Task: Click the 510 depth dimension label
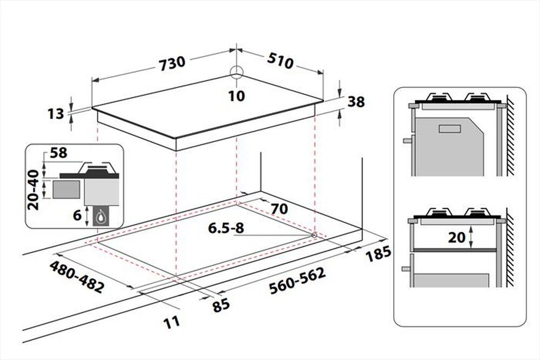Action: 280,61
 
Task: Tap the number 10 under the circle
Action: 237,96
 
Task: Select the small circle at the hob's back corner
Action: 237,72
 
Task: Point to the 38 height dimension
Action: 356,101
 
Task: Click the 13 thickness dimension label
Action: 56,113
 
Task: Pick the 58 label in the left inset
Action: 58,153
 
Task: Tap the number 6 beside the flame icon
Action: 77,216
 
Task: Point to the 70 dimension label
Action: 279,208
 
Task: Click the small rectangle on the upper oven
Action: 450,128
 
